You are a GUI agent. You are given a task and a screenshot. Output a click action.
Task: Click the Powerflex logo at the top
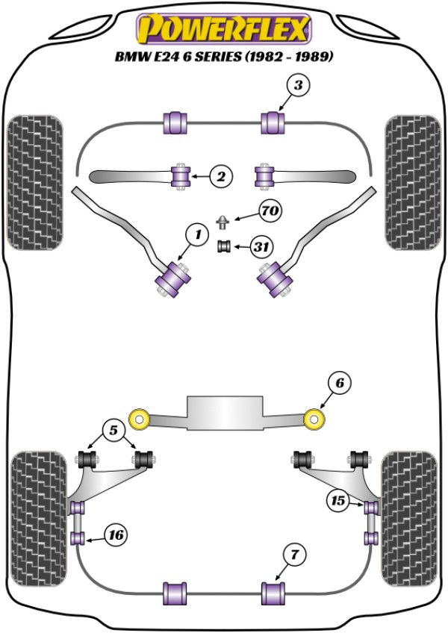pyautogui.click(x=224, y=28)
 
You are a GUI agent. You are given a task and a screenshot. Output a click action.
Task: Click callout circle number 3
pyautogui.click(x=298, y=85)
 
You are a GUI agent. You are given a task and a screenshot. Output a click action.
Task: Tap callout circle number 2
pyautogui.click(x=221, y=176)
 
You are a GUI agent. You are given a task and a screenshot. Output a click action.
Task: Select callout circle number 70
pyautogui.click(x=270, y=211)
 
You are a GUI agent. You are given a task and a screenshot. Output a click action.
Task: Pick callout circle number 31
pyautogui.click(x=261, y=246)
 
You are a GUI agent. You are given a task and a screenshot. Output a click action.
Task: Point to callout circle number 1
pyautogui.click(x=198, y=234)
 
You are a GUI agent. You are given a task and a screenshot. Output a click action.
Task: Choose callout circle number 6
pyautogui.click(x=339, y=383)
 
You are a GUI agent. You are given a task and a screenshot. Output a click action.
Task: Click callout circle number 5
pyautogui.click(x=113, y=431)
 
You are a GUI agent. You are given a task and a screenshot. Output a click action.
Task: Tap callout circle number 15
pyautogui.click(x=338, y=501)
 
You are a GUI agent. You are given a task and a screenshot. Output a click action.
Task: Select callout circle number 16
pyautogui.click(x=116, y=535)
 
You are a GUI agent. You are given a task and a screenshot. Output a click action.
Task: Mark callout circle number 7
pyautogui.click(x=295, y=555)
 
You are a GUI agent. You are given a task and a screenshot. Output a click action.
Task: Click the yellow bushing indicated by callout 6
pyautogui.click(x=314, y=420)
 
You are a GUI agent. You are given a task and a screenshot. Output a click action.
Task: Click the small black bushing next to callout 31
pyautogui.click(x=224, y=246)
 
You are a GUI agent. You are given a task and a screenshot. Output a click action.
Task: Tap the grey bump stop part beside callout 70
pyautogui.click(x=223, y=222)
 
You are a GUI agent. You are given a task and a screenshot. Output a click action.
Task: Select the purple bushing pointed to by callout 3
pyautogui.click(x=273, y=122)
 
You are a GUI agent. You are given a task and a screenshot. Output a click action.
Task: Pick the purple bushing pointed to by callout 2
pyautogui.click(x=181, y=176)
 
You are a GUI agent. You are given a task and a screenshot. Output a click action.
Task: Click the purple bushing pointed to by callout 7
pyautogui.click(x=273, y=593)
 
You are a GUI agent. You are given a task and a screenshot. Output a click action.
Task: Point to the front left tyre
pyautogui.click(x=35, y=183)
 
